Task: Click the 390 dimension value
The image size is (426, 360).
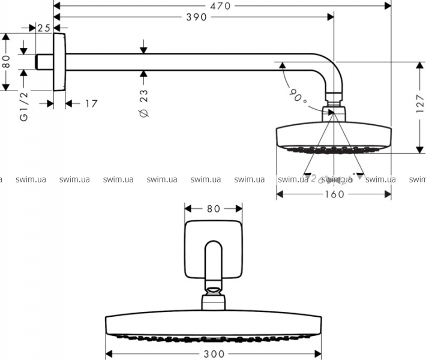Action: click(196, 17)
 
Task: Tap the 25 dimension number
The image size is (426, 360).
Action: click(44, 28)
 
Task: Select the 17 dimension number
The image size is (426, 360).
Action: click(90, 104)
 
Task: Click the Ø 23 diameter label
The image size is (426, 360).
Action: click(144, 103)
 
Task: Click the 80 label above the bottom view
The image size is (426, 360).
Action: click(214, 209)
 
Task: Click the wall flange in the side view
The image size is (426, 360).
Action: click(59, 61)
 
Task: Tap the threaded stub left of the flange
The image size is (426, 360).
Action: click(44, 62)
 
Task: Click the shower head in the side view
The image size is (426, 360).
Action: click(334, 136)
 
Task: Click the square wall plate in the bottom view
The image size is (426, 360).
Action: click(214, 250)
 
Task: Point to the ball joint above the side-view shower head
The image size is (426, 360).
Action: click(334, 112)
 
